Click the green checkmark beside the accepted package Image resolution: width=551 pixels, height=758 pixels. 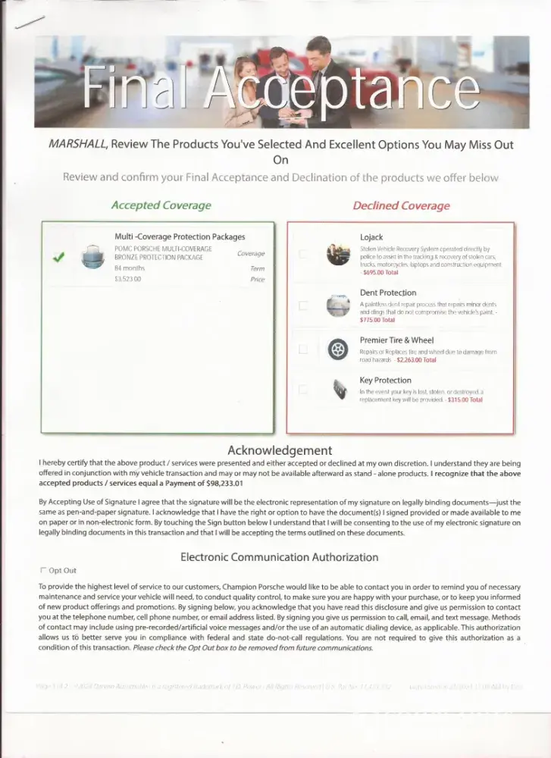click(58, 258)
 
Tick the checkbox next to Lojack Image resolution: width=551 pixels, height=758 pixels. click(303, 255)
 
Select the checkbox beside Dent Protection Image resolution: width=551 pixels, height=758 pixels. click(303, 305)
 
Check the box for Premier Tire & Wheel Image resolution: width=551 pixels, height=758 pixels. click(303, 349)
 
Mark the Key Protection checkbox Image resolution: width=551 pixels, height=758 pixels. click(303, 390)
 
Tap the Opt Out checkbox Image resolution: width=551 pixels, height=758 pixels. click(42, 570)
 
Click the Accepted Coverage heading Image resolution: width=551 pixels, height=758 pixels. click(161, 205)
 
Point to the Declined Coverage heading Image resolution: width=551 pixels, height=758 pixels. click(401, 205)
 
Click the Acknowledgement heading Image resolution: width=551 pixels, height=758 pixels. click(280, 450)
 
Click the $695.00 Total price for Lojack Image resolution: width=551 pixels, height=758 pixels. click(380, 273)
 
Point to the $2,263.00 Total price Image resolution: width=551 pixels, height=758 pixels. click(416, 360)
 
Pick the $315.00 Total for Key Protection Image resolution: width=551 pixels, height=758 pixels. click(465, 399)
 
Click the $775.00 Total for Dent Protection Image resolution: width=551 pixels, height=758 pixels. click(377, 320)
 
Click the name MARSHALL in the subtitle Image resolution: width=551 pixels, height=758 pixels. click(76, 144)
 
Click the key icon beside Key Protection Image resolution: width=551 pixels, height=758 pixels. click(337, 390)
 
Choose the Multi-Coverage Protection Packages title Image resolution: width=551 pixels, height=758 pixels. click(180, 236)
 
